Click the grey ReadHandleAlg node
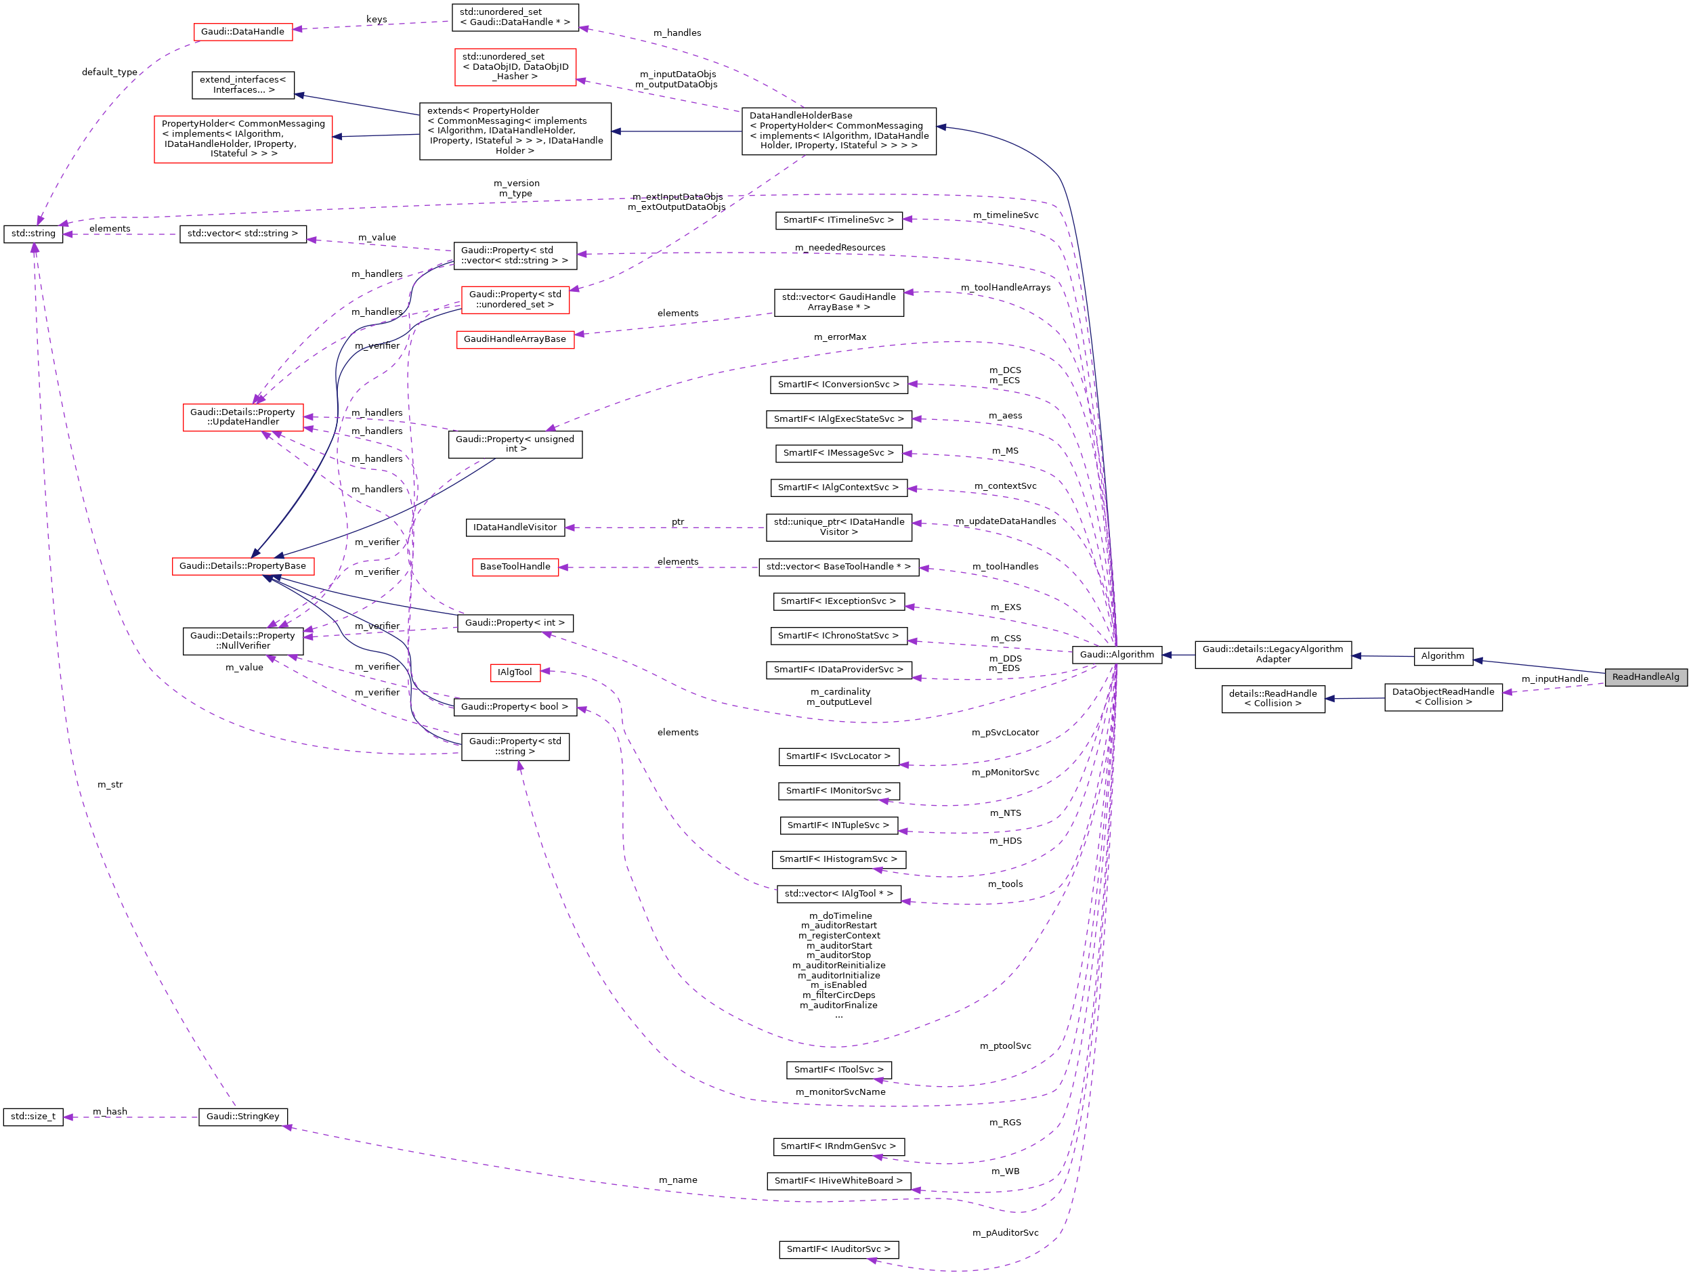(1645, 677)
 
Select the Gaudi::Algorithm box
(1116, 654)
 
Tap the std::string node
(33, 234)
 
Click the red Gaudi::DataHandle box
(242, 32)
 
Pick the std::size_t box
(33, 1117)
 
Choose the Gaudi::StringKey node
(242, 1117)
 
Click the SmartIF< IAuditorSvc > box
(838, 1249)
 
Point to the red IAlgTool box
(515, 672)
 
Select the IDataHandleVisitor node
(515, 527)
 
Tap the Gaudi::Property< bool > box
(515, 707)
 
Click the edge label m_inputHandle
(1554, 678)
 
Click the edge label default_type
(109, 72)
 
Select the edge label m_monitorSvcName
(840, 1092)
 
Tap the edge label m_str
(109, 785)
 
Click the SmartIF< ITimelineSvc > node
(838, 220)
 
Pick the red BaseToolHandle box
(515, 567)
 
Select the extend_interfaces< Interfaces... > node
(242, 85)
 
